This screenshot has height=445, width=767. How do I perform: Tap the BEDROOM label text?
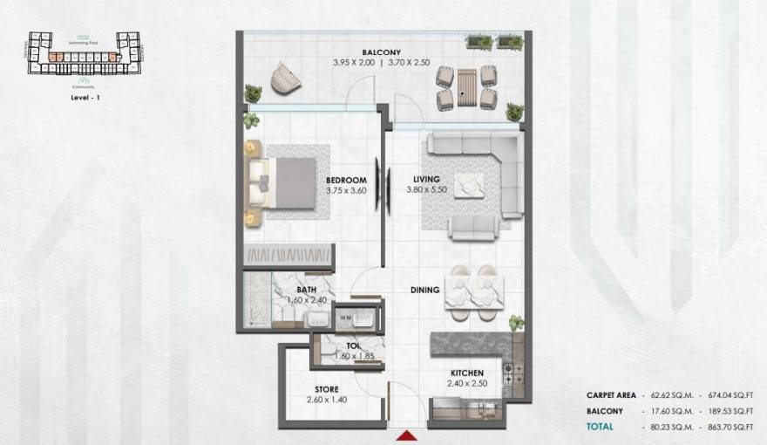pyautogui.click(x=322, y=181)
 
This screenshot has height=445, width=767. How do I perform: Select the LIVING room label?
pyautogui.click(x=428, y=181)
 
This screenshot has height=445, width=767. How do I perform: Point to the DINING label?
pyautogui.click(x=425, y=290)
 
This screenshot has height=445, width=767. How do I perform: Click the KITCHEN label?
pyautogui.click(x=466, y=373)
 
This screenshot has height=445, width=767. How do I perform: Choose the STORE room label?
pyautogui.click(x=326, y=389)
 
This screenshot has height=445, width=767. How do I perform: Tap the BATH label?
pyautogui.click(x=306, y=289)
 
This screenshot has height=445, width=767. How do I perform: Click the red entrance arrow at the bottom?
pyautogui.click(x=407, y=435)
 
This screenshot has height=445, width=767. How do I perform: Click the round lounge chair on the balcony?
pyautogui.click(x=284, y=79)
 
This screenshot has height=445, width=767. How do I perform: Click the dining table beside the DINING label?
pyautogui.click(x=473, y=287)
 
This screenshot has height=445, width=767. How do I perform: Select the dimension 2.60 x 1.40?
pyautogui.click(x=327, y=400)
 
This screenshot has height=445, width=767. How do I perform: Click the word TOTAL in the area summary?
pyautogui.click(x=601, y=426)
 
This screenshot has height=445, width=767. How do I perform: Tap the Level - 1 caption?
pyautogui.click(x=86, y=99)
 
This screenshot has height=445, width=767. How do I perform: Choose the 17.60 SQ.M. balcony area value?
pyautogui.click(x=669, y=410)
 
